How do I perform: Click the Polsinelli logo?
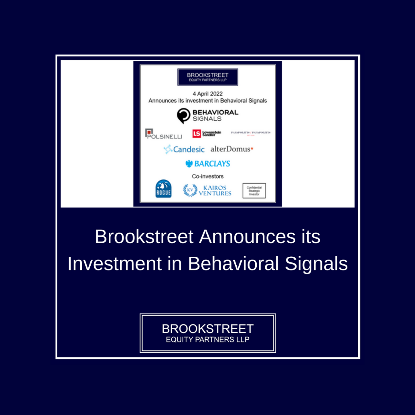(x=164, y=134)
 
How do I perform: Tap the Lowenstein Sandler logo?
(x=207, y=133)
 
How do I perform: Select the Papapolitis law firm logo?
(x=251, y=133)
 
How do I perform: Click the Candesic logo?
(x=184, y=149)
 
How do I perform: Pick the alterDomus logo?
(x=232, y=149)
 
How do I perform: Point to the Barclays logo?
(x=207, y=164)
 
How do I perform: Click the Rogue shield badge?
(x=163, y=189)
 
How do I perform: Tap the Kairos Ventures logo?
(x=207, y=190)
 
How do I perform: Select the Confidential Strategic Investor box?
(x=254, y=191)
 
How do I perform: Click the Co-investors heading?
(x=207, y=176)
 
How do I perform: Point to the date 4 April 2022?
(x=207, y=94)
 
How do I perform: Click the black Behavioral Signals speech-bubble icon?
(x=184, y=116)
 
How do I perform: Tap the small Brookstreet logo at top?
(x=207, y=77)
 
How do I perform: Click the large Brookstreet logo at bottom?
(x=207, y=333)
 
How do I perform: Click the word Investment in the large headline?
(x=115, y=264)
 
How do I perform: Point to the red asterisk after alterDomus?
(x=252, y=148)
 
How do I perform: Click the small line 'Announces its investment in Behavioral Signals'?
(x=207, y=101)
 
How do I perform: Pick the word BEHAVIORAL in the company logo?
(x=215, y=113)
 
